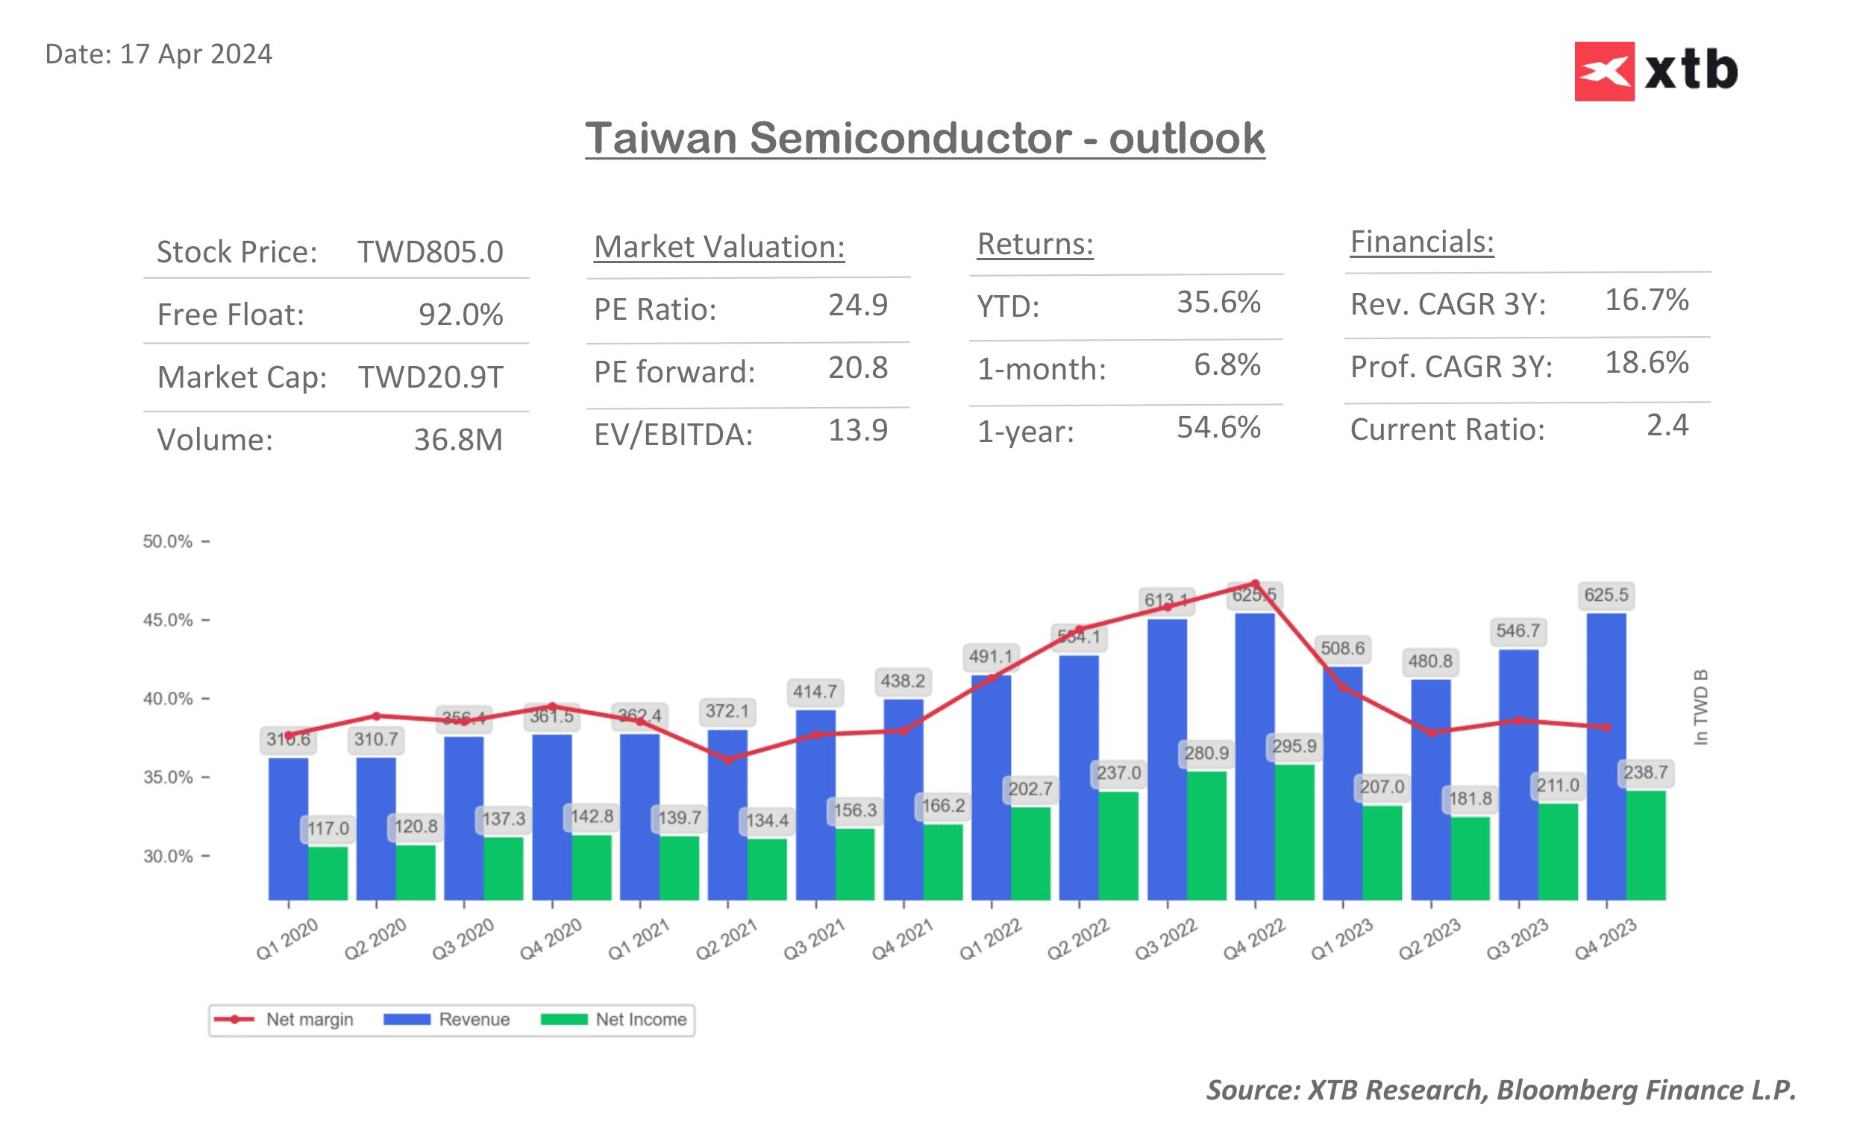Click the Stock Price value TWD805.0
tap(430, 252)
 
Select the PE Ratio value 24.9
tap(857, 305)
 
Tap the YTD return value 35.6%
tap(1218, 302)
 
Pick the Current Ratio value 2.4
tap(1666, 426)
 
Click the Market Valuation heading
tap(718, 247)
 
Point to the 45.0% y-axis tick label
tap(167, 620)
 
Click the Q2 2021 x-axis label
tap(726, 939)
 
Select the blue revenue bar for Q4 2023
tap(1606, 757)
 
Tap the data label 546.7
tap(1517, 631)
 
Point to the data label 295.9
tap(1294, 747)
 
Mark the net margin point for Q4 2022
tap(1255, 584)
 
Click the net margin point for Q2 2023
tap(1430, 733)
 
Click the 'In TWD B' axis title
tap(1700, 707)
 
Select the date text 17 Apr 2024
tap(195, 54)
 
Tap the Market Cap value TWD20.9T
tap(430, 377)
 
